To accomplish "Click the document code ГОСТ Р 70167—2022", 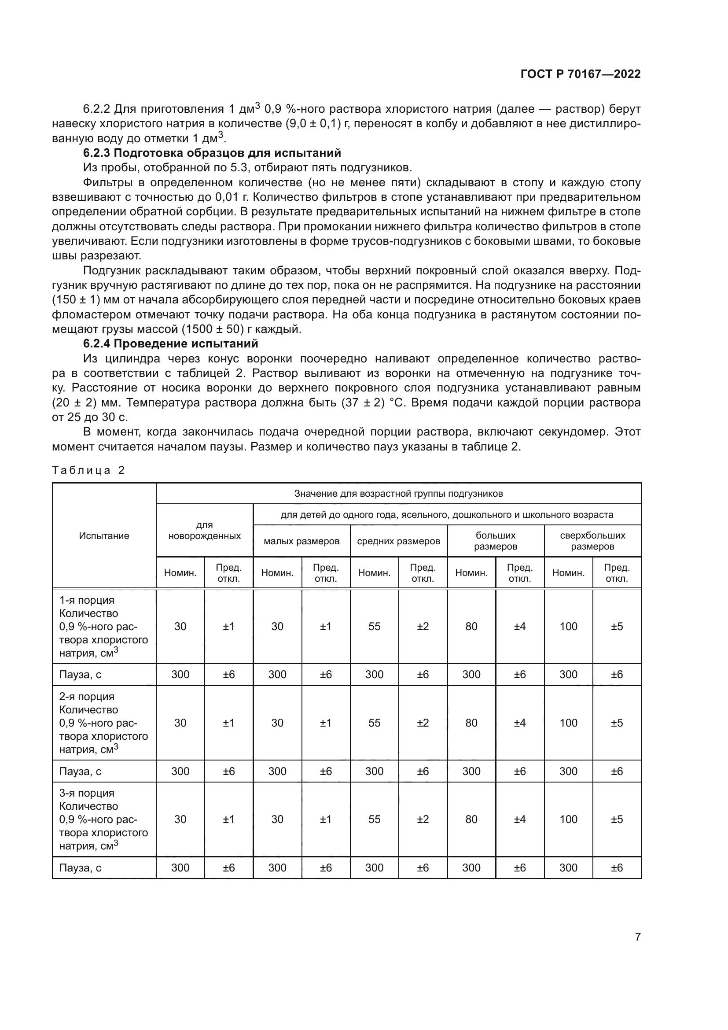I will click(x=581, y=74).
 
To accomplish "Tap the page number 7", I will click(x=637, y=937).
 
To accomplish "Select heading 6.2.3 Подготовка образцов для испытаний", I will click(x=212, y=153).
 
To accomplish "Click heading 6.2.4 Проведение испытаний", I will click(x=171, y=343).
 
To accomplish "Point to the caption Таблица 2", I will click(x=88, y=470).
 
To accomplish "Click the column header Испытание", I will click(x=104, y=535).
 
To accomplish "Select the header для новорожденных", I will click(x=204, y=530).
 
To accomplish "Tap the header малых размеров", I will click(x=301, y=541).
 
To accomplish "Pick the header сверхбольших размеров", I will click(x=592, y=541).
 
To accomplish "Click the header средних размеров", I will click(x=398, y=541).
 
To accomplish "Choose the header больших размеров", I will click(x=495, y=541).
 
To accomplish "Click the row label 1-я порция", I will click(x=87, y=600).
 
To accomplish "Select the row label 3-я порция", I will click(x=87, y=793).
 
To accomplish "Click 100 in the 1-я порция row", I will click(x=568, y=626).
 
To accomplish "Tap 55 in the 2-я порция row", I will click(x=374, y=723).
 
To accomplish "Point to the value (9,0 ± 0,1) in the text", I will click(x=313, y=124).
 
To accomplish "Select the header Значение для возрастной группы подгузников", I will click(x=398, y=494).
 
